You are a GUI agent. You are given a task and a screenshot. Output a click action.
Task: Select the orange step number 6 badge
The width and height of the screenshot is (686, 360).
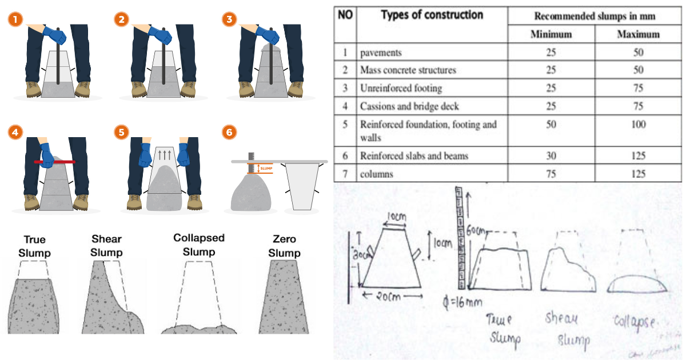click(x=229, y=132)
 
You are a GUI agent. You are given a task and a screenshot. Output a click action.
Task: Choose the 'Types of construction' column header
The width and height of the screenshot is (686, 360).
click(x=432, y=15)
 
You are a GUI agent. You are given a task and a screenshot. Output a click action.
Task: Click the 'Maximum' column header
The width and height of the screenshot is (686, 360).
click(x=638, y=34)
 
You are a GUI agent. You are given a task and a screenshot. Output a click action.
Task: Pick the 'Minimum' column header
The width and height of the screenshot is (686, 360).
click(x=551, y=34)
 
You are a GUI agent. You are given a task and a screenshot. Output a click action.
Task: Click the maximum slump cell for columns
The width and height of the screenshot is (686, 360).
click(x=638, y=174)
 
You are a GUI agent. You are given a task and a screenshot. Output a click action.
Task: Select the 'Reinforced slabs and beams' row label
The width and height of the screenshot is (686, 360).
click(x=408, y=155)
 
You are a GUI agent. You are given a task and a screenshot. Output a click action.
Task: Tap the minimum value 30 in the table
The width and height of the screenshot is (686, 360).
click(x=551, y=155)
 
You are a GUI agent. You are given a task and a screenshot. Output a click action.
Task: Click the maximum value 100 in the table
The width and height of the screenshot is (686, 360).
click(x=638, y=125)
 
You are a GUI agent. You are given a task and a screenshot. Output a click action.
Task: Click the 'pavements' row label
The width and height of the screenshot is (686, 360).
click(x=381, y=53)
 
